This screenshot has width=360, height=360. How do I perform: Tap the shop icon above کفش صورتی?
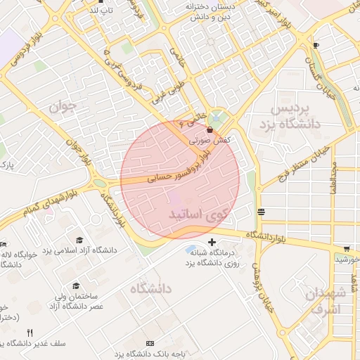211,130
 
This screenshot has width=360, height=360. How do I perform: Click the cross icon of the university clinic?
212,243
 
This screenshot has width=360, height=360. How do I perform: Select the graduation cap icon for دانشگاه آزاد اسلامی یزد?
79,240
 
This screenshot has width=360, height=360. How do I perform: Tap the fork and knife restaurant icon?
30,333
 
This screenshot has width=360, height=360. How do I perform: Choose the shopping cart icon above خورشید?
347,248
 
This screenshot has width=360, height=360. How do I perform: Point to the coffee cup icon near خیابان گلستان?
316,46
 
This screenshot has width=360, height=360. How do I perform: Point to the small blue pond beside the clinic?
192,250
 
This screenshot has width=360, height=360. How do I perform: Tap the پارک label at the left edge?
6,166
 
